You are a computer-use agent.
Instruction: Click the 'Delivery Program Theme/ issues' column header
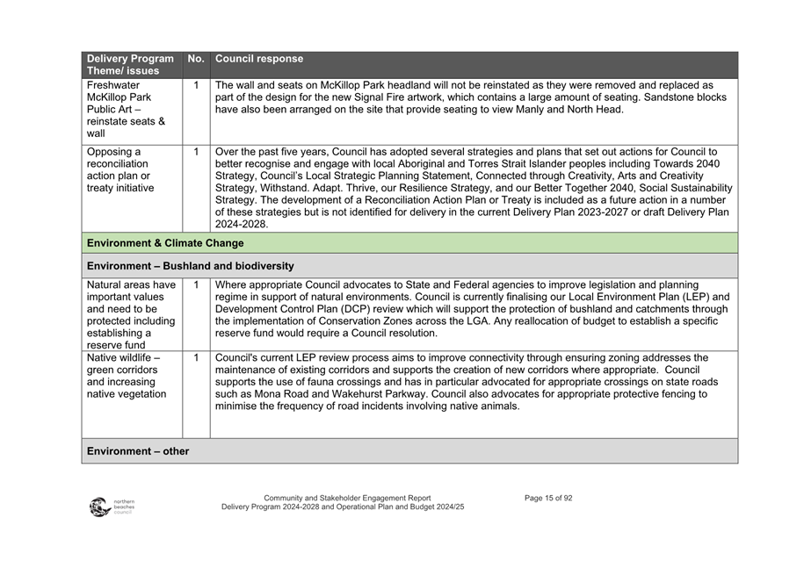tap(130, 64)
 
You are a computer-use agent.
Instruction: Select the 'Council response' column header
tap(259, 59)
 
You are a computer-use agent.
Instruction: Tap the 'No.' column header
tap(196, 59)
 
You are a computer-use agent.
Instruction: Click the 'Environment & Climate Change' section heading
tap(165, 243)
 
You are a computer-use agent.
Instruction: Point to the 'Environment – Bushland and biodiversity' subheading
tap(191, 265)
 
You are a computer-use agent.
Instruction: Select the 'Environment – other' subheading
tap(138, 451)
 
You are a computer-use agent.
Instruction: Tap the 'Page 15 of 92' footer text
tap(548, 498)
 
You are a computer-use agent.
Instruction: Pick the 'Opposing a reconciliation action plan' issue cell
tap(123, 169)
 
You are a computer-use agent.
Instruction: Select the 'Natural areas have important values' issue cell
tap(132, 314)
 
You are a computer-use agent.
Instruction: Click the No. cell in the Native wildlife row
tap(196, 358)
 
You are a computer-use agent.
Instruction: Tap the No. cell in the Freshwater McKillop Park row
tap(196, 85)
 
